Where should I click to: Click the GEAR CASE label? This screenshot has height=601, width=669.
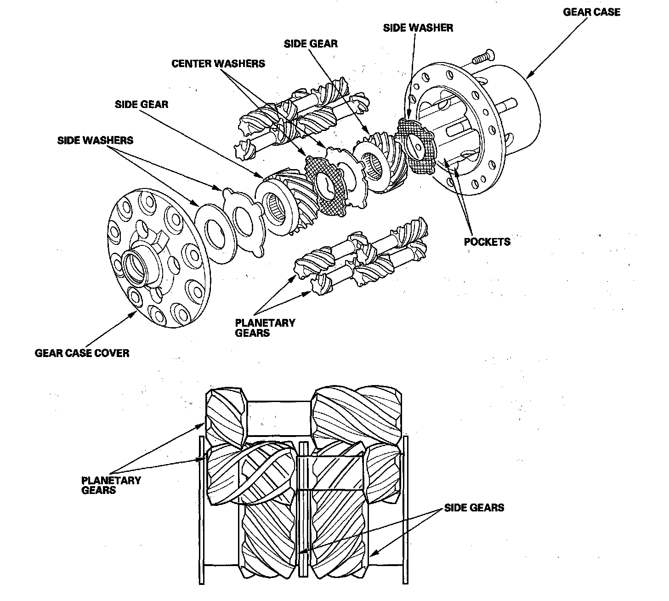pyautogui.click(x=591, y=12)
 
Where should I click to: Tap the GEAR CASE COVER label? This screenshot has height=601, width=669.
pyautogui.click(x=82, y=353)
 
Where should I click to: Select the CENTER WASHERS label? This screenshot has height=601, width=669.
pyautogui.click(x=218, y=63)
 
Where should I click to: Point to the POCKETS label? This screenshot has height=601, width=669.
pyautogui.click(x=487, y=242)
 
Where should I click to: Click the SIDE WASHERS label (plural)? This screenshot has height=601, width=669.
pyautogui.click(x=95, y=140)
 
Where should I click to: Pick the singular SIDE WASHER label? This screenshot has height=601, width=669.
pyautogui.click(x=418, y=28)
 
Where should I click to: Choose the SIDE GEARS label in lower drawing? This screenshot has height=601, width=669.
pyautogui.click(x=474, y=508)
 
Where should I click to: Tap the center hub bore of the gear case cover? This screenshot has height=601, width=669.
pyautogui.click(x=136, y=266)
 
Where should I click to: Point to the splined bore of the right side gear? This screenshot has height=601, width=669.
pyautogui.click(x=373, y=167)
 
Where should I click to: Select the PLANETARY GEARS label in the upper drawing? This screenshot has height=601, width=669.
pyautogui.click(x=265, y=328)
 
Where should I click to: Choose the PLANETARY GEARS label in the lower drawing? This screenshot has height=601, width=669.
pyautogui.click(x=111, y=485)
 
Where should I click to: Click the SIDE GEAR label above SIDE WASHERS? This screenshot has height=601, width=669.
pyautogui.click(x=141, y=104)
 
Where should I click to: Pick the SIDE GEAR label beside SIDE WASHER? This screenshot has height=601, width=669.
pyautogui.click(x=311, y=44)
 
